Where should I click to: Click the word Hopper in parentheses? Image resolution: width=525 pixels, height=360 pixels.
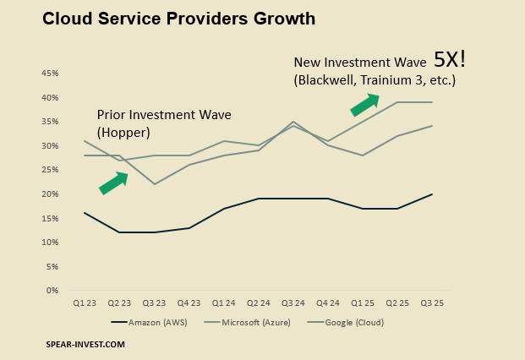pyautogui.click(x=125, y=133)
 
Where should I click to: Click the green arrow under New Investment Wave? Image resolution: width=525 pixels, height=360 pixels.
pyautogui.click(x=364, y=104)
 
